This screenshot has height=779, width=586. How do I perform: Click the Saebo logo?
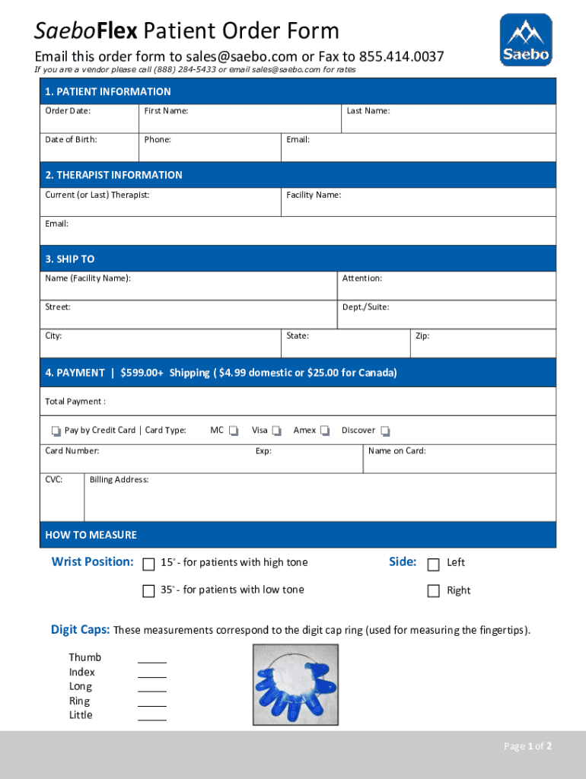click(x=525, y=40)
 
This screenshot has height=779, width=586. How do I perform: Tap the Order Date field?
click(x=90, y=119)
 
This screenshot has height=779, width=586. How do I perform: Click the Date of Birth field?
click(x=90, y=148)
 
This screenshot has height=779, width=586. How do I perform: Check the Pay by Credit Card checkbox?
click(x=56, y=431)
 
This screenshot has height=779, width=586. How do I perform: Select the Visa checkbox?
click(x=277, y=431)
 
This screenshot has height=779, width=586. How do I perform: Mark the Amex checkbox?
click(x=325, y=431)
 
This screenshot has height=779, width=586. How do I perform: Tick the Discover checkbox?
click(x=385, y=431)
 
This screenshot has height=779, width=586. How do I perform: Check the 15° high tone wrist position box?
click(x=149, y=564)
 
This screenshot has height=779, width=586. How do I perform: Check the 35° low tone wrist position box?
click(x=149, y=591)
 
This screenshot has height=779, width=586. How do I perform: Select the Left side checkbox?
click(x=434, y=564)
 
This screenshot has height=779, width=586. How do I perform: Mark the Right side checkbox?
click(x=434, y=591)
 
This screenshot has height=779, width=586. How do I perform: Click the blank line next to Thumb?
click(x=152, y=658)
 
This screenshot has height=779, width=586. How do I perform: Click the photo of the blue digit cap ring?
click(x=295, y=683)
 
